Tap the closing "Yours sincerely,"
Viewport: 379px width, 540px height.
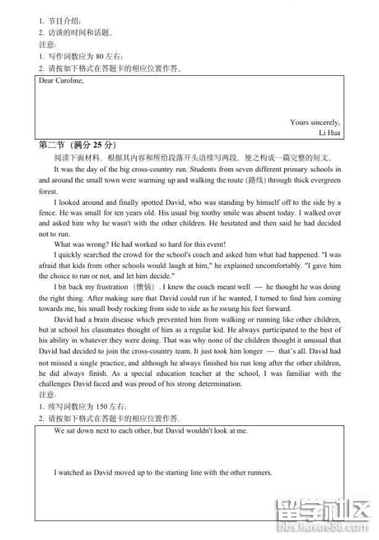tap(315, 122)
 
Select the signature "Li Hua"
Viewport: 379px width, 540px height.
tap(330, 133)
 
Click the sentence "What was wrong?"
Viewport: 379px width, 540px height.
tap(79, 245)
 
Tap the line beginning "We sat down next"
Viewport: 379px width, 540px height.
tap(150, 430)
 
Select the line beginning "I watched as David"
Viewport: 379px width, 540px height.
tap(163, 473)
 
